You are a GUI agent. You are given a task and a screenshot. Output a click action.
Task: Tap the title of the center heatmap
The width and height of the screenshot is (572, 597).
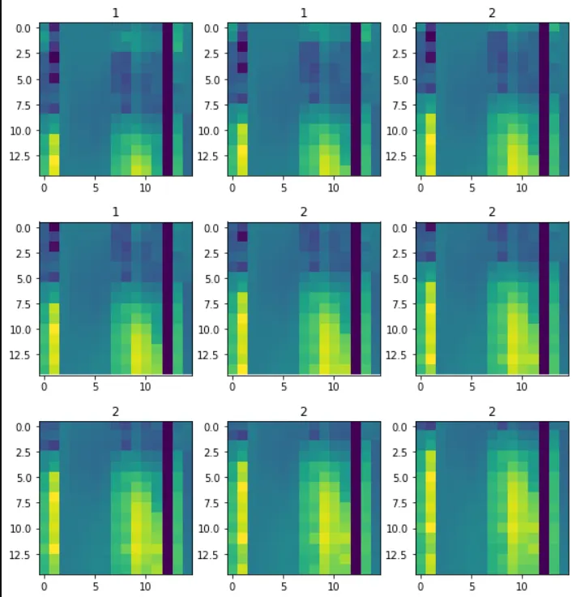pyautogui.click(x=304, y=213)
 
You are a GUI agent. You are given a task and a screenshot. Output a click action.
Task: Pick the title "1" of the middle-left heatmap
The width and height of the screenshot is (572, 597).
pyautogui.click(x=116, y=213)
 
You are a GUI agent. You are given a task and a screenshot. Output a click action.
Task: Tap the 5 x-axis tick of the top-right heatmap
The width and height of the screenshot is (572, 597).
pyautogui.click(x=471, y=187)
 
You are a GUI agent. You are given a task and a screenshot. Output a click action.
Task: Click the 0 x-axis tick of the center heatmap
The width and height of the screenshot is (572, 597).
pyautogui.click(x=232, y=386)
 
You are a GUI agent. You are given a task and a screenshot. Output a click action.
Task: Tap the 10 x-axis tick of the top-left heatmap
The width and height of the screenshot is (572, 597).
pyautogui.click(x=146, y=187)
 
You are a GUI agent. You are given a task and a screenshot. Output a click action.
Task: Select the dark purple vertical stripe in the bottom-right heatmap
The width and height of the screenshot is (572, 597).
pyautogui.click(x=544, y=497)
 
